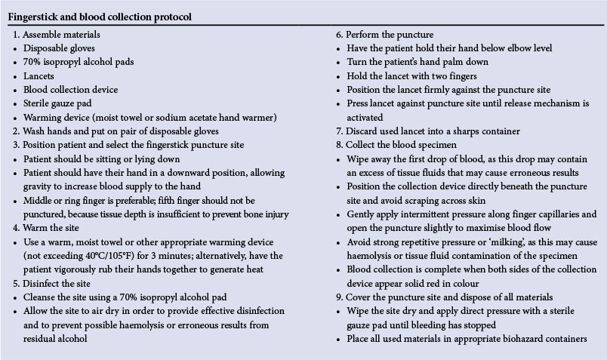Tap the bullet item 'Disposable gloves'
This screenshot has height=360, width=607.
59,48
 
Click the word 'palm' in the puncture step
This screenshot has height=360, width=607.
447,61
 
